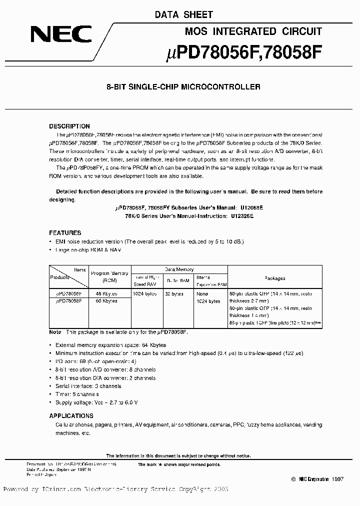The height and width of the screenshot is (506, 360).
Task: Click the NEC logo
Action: point(61,33)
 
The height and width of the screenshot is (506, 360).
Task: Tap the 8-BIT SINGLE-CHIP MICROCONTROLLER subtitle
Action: point(183,87)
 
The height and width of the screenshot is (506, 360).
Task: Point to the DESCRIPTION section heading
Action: point(69,126)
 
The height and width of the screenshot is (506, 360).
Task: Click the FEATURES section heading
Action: point(65,233)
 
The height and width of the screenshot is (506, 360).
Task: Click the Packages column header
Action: point(275,278)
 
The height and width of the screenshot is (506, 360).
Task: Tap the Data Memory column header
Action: point(179,269)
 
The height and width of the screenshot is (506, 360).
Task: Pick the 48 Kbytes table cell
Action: point(106,294)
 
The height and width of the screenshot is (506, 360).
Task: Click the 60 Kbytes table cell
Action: point(106,301)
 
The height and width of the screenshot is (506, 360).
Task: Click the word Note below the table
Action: point(55,332)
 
